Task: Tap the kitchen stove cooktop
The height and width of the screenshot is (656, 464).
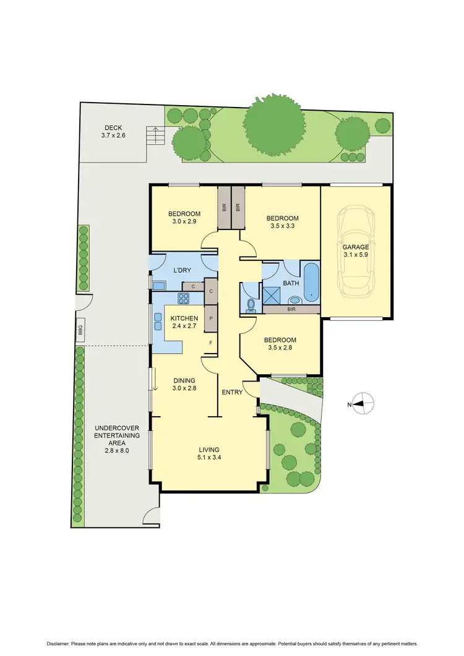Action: (184, 299)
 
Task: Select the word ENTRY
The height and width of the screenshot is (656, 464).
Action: (233, 392)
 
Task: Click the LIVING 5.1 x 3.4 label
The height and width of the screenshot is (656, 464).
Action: (209, 454)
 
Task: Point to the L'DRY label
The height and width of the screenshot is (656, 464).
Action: (183, 271)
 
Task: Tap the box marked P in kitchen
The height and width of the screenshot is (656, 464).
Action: (211, 318)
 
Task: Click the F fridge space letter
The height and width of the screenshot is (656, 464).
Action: (211, 343)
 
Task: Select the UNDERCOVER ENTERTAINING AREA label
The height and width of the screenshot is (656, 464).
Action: (117, 439)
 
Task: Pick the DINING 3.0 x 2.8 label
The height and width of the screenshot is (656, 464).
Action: (184, 384)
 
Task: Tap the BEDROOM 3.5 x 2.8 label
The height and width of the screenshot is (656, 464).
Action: (280, 344)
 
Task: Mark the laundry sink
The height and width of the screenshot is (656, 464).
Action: (159, 285)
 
